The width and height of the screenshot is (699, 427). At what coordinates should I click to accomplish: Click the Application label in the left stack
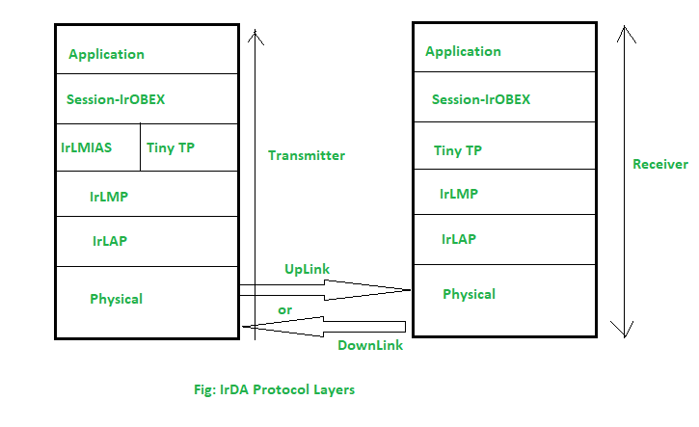(106, 55)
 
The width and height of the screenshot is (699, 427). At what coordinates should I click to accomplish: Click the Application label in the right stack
(463, 51)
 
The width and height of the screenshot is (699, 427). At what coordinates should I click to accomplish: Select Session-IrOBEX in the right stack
(480, 99)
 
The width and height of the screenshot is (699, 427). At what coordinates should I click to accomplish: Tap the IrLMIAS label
(86, 148)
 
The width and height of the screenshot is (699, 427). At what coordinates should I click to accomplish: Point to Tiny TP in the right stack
(459, 150)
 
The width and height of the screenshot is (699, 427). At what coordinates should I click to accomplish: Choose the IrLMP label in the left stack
(109, 196)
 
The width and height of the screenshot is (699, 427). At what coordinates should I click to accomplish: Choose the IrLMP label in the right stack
(459, 194)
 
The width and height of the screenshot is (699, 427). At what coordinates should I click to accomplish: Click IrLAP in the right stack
(459, 239)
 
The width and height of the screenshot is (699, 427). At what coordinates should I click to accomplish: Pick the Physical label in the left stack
(116, 299)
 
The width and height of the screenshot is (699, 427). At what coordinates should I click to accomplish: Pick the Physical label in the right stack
(469, 294)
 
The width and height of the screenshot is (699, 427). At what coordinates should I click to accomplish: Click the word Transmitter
(306, 155)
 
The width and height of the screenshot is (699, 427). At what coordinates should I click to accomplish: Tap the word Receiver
(660, 164)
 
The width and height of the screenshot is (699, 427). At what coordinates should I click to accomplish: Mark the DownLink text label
(369, 345)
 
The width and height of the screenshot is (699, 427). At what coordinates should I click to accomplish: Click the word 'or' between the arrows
(284, 310)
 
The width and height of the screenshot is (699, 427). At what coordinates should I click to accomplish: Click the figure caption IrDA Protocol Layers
(274, 390)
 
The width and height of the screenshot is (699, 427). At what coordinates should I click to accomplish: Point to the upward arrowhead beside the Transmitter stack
(255, 36)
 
